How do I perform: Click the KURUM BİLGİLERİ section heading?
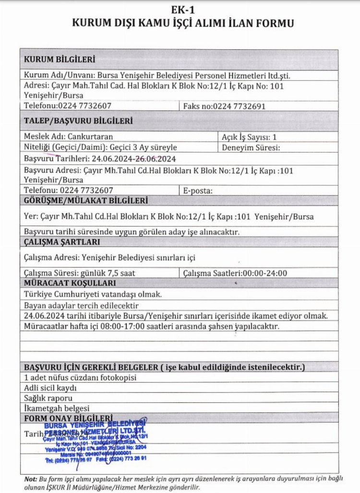59,60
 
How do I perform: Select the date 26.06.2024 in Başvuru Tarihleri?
156,158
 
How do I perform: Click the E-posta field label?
198,191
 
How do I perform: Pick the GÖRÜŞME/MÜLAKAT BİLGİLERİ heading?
85,200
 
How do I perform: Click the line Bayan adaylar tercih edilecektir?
81,305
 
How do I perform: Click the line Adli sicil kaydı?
50,388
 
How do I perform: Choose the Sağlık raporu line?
48,398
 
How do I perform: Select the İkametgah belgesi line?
57,409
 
